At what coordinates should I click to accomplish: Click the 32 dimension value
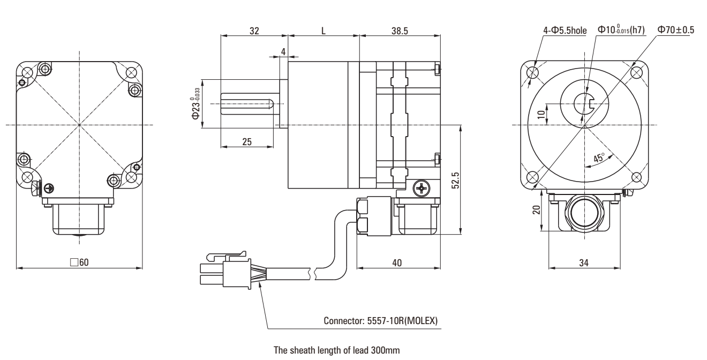[254, 31]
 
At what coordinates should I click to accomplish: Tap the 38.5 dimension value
[400, 31]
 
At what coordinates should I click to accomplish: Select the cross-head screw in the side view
[422, 187]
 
